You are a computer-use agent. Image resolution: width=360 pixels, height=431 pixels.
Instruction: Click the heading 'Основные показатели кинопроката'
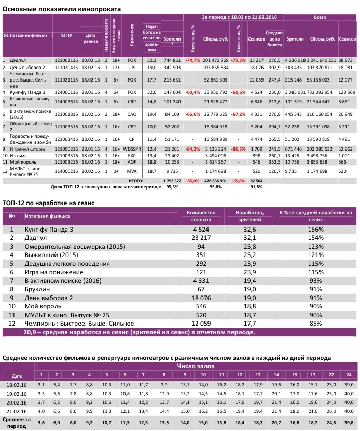(x=62, y=9)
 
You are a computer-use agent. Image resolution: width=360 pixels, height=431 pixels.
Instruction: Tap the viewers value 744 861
(x=172, y=61)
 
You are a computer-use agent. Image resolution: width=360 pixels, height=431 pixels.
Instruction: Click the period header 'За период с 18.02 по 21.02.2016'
(x=239, y=18)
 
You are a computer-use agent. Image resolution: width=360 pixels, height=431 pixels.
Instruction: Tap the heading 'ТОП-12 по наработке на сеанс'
(x=48, y=204)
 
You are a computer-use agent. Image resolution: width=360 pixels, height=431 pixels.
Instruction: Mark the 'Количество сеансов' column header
(x=200, y=216)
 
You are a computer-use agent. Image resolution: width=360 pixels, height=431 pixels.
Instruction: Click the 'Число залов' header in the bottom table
(x=196, y=367)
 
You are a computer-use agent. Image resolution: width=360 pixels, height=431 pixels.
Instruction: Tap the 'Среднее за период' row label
(x=18, y=422)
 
